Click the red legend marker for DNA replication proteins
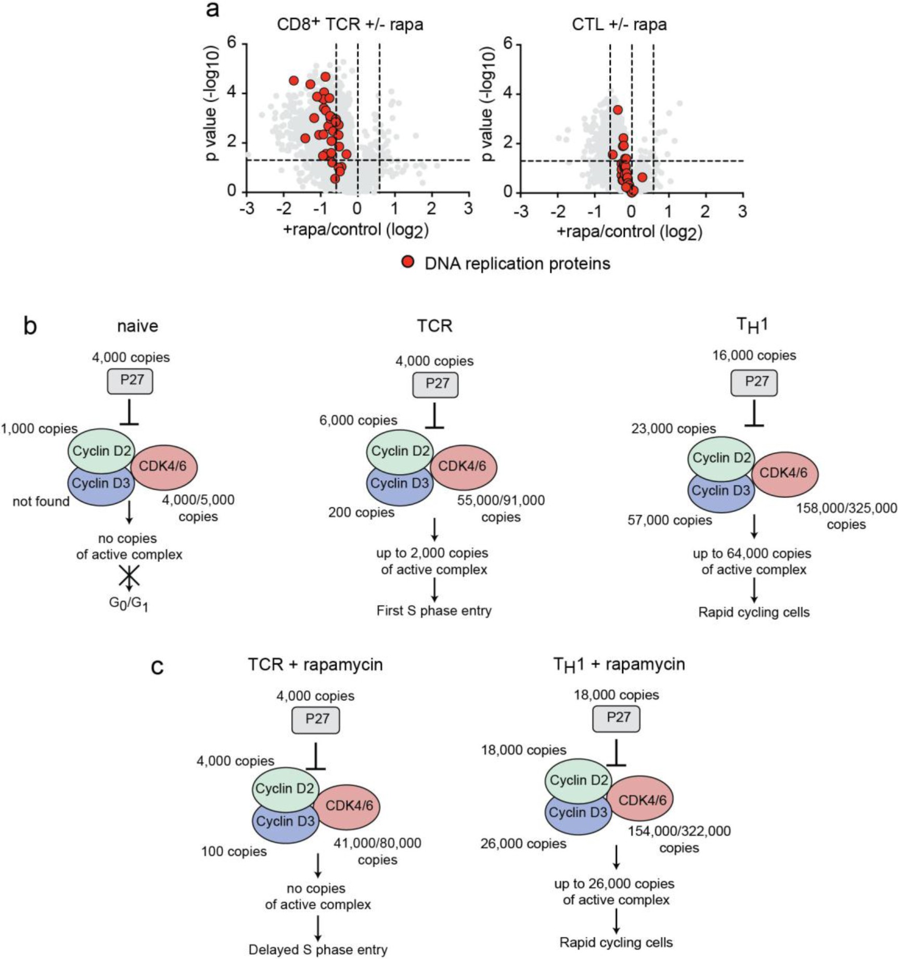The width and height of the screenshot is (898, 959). click(x=408, y=262)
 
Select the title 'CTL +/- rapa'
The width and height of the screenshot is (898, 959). click(x=619, y=24)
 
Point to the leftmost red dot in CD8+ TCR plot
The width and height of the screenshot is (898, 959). click(x=294, y=81)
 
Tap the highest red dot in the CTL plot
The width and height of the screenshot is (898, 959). click(x=618, y=110)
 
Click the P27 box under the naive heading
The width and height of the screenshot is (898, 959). click(x=130, y=381)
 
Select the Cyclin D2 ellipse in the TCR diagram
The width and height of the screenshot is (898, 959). click(x=400, y=451)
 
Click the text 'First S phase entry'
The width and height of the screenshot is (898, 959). click(x=434, y=610)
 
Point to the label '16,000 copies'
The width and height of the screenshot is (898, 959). click(x=754, y=355)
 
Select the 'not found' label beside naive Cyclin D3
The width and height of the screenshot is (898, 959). click(x=41, y=502)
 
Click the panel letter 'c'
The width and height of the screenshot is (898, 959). click(x=157, y=666)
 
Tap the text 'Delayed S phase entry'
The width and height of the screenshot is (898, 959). click(x=318, y=950)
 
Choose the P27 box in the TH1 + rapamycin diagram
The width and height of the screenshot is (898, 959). click(x=617, y=719)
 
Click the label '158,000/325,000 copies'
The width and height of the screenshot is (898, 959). click(x=846, y=516)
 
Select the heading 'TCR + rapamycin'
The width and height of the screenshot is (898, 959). click(x=315, y=664)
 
